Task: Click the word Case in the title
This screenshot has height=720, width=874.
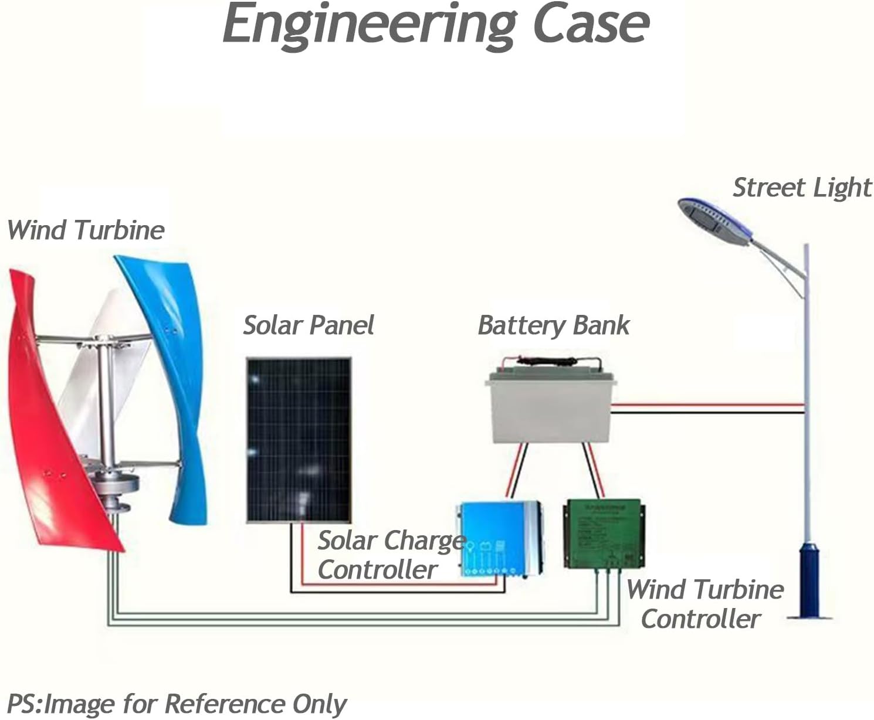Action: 591,23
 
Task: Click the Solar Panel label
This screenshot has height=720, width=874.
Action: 309,325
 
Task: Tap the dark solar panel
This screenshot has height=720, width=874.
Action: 299,440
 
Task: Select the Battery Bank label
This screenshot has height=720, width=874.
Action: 553,325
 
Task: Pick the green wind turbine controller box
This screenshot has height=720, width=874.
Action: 604,534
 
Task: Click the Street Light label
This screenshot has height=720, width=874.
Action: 802,188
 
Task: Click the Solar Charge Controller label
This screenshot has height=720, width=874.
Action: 391,555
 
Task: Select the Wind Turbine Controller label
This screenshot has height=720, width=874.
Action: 705,604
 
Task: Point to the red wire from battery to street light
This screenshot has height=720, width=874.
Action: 708,405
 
